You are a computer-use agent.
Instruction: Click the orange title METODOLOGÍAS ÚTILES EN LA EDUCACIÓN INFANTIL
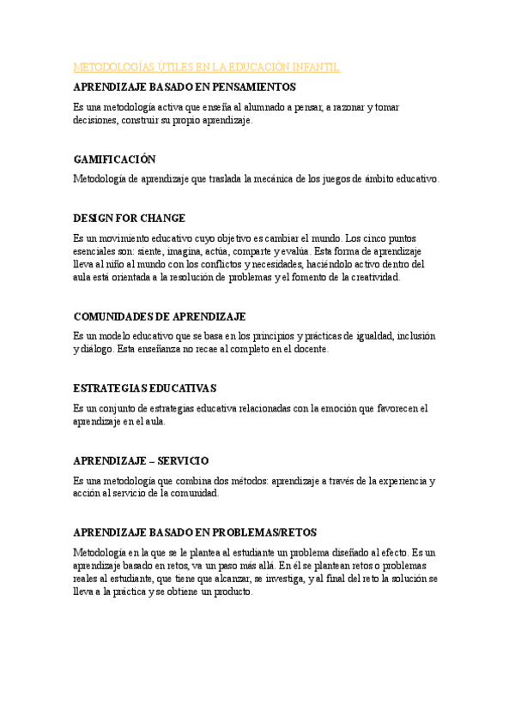pyautogui.click(x=207, y=67)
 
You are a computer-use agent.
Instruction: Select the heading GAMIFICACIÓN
pyautogui.click(x=115, y=159)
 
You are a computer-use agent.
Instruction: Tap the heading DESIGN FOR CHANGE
pyautogui.click(x=130, y=218)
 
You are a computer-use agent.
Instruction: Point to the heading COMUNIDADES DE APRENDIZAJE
pyautogui.click(x=160, y=316)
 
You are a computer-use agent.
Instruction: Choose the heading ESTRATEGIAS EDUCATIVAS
pyautogui.click(x=145, y=388)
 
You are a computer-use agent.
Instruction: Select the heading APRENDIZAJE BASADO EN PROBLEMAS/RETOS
pyautogui.click(x=195, y=532)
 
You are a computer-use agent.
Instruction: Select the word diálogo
pyautogui.click(x=104, y=350)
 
